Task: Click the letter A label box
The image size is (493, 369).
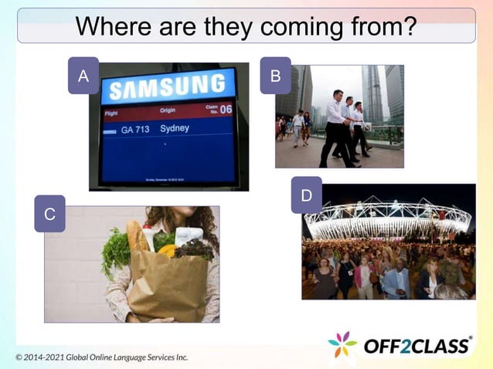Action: [x=83, y=76]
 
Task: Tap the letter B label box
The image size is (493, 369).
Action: [x=275, y=76]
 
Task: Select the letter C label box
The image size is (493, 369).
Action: [x=49, y=214]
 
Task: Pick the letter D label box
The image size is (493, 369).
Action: [x=306, y=195]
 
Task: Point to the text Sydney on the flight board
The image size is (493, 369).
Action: [x=174, y=128]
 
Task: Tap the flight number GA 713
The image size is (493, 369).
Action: [x=134, y=130]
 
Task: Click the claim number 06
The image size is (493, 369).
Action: [x=226, y=109]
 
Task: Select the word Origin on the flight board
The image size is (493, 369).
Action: [x=168, y=110]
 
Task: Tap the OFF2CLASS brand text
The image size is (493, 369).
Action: [x=417, y=346]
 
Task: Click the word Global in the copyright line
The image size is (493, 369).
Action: [x=86, y=357]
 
